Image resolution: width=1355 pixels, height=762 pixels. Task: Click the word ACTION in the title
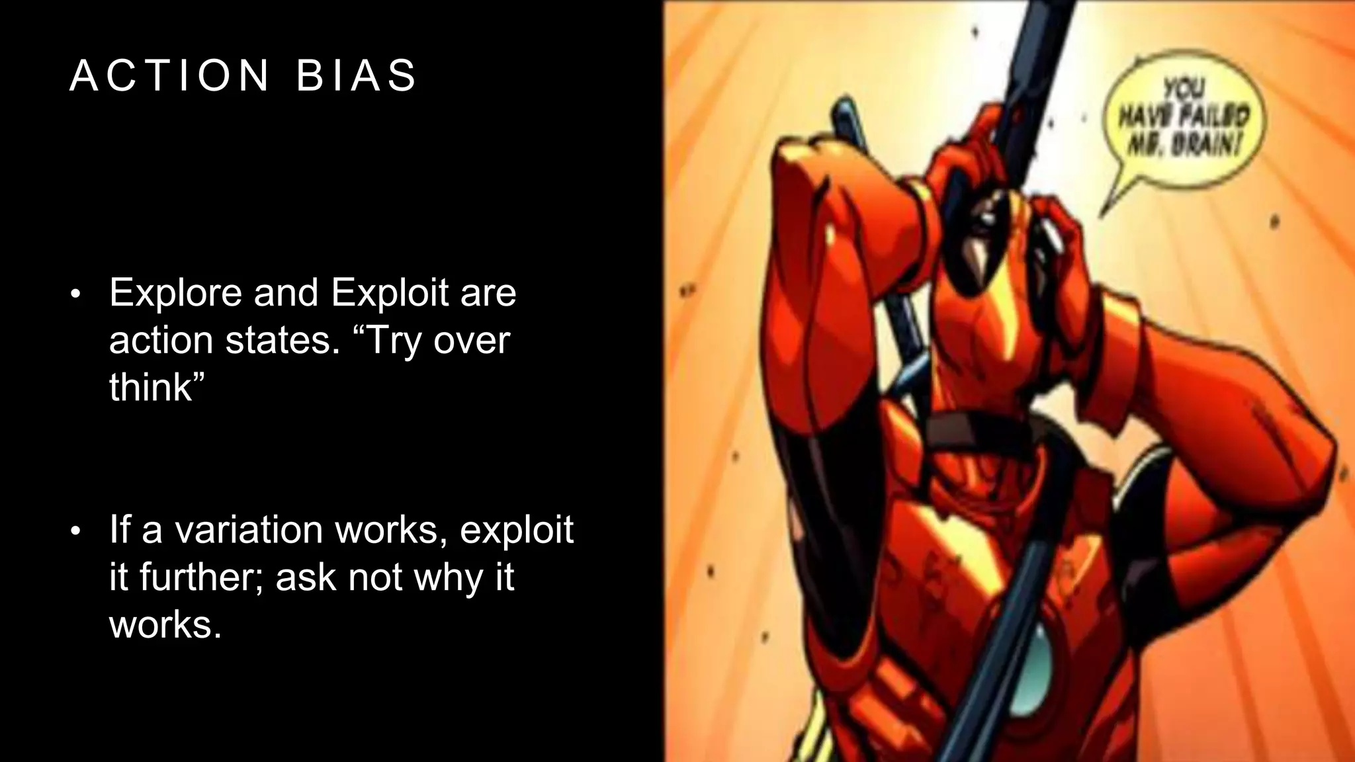(x=169, y=75)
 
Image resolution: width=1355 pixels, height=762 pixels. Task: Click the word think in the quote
(x=150, y=387)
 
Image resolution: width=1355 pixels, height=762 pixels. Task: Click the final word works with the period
(x=165, y=624)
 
